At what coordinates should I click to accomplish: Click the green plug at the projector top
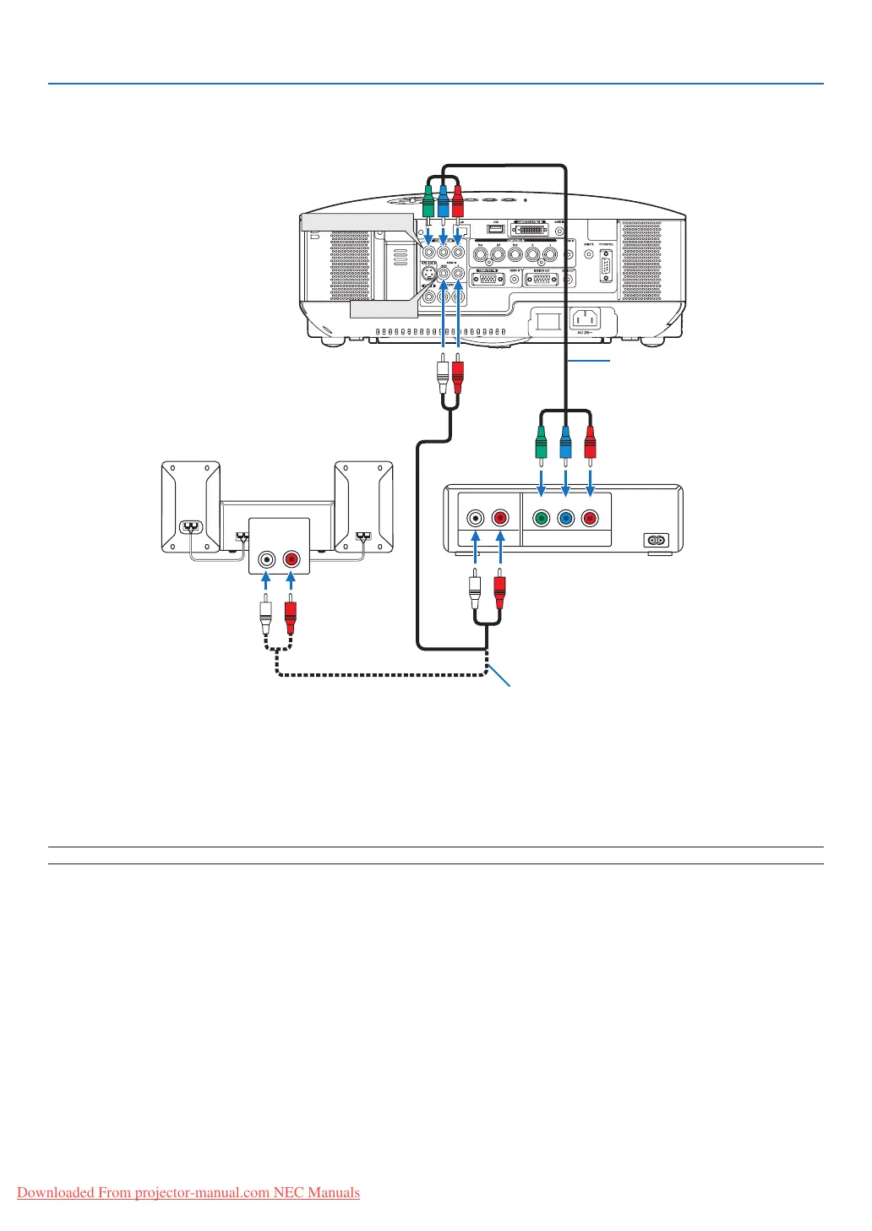click(x=428, y=203)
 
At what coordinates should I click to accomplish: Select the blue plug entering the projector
click(x=443, y=203)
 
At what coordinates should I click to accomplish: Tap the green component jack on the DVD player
click(x=542, y=518)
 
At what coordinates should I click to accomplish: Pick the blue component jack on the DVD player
click(x=566, y=518)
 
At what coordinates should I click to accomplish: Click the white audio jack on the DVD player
click(x=477, y=518)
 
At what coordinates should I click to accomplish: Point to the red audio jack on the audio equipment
click(x=291, y=559)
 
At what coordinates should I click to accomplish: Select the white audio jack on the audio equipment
click(x=267, y=559)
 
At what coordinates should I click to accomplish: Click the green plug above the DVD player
click(x=542, y=442)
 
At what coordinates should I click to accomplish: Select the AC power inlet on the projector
click(x=586, y=319)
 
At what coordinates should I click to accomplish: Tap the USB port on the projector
click(x=496, y=228)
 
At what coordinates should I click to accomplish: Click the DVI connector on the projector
click(x=530, y=230)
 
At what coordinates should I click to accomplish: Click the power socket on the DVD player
click(x=656, y=540)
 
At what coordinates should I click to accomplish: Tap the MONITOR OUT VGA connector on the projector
click(x=540, y=279)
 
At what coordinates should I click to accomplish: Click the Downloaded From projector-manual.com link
click(x=188, y=1193)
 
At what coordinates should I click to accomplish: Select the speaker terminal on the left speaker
click(x=193, y=526)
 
